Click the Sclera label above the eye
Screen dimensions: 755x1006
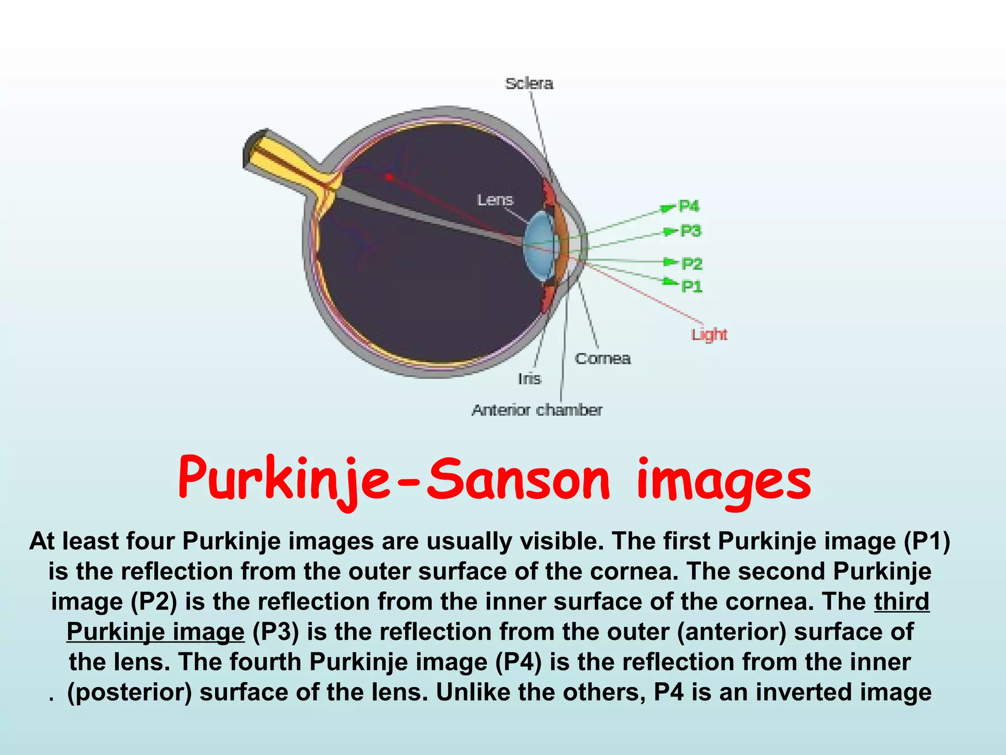[x=529, y=84]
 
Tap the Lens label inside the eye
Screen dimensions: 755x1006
[x=495, y=200]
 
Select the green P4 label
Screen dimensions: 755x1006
[x=689, y=206]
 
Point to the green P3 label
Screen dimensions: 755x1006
[x=691, y=231]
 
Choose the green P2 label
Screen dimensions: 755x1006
[x=692, y=264]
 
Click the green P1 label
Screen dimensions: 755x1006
[x=692, y=286]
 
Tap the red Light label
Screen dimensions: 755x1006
[x=709, y=335]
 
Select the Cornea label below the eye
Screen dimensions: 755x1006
[x=603, y=358]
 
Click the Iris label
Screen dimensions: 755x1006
[x=530, y=379]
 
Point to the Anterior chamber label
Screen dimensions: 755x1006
[x=537, y=410]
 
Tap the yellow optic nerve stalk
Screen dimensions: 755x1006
[x=290, y=165]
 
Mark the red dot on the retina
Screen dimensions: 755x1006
[x=389, y=177]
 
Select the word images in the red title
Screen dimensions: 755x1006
[x=723, y=482]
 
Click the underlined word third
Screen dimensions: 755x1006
[x=901, y=602]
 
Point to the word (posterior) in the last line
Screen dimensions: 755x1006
[x=129, y=692]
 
